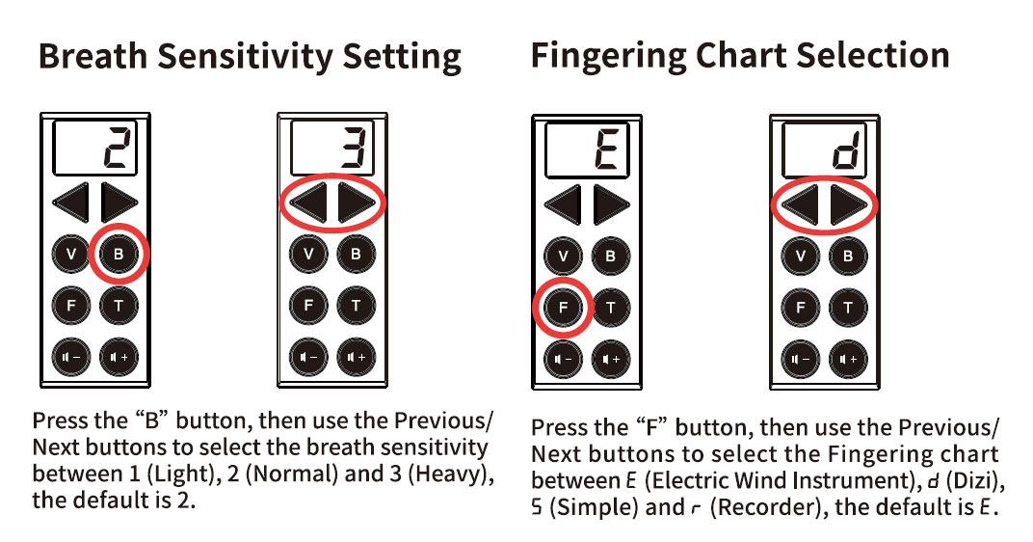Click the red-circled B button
tap(119, 254)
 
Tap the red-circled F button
tap(563, 308)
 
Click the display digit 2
tap(119, 148)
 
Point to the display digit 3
tap(357, 148)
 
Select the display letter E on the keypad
tap(607, 149)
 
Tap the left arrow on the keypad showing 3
tap(308, 203)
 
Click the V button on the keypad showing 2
tap(71, 254)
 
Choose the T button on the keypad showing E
tap(611, 308)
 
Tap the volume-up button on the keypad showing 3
tap(357, 358)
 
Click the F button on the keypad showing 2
tap(71, 306)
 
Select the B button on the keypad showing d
tap(848, 256)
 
